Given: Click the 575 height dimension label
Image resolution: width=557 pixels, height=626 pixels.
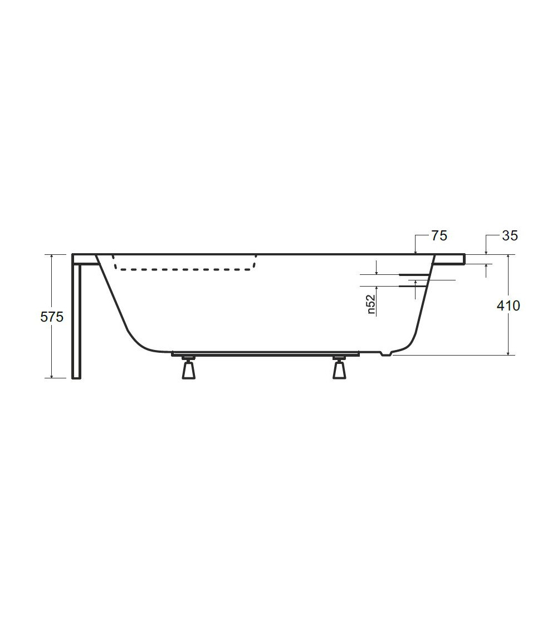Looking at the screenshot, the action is (52, 317).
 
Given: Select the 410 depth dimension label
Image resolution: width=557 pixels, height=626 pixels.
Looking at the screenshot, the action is (508, 306).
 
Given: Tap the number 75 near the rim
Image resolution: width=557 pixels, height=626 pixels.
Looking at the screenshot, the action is (439, 236).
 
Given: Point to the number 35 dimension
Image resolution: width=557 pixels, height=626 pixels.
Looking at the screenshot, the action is (510, 236).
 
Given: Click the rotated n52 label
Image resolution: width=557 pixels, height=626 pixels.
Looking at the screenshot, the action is (371, 304).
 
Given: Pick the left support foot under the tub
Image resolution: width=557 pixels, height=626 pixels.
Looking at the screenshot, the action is (189, 368).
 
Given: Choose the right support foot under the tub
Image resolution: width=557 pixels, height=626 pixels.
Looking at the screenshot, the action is (339, 368).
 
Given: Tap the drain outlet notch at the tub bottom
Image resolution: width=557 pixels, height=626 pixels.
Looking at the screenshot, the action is (387, 353).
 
